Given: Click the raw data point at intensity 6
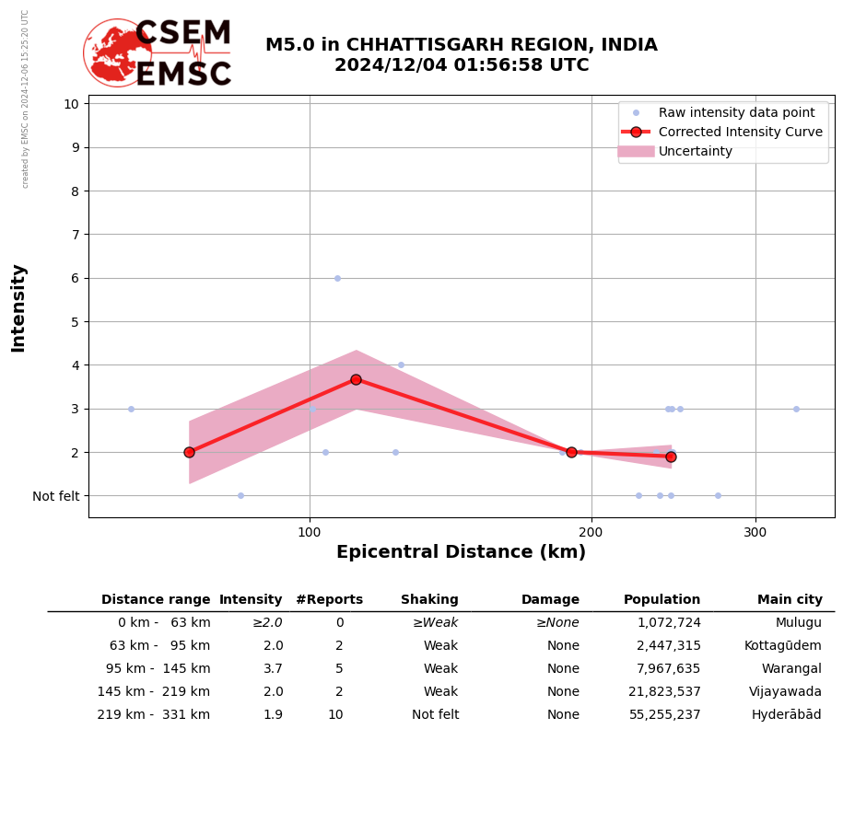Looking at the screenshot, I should coord(337,278).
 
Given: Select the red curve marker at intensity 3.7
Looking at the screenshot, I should coord(356,379).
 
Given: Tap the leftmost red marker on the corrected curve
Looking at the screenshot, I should coord(189,452).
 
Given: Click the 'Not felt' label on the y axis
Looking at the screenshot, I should coord(56,496).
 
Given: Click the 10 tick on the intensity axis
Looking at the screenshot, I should coord(71,103).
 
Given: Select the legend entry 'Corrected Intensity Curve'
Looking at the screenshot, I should coord(740,132).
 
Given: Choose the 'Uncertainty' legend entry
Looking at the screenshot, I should coord(695,152).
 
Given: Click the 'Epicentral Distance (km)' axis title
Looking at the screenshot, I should coord(461,552).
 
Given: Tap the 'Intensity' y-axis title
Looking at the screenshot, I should coord(18,307).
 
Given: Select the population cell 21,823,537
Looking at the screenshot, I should coord(664,692).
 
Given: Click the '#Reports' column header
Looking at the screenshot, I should coord(329,600).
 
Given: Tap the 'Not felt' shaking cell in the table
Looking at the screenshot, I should coord(435,715).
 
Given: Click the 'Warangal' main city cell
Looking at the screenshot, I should coord(790,669).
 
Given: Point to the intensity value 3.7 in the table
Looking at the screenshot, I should coord(273,669).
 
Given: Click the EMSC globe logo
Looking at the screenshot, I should coord(117,52).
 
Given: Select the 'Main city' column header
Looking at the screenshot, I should coord(790,600).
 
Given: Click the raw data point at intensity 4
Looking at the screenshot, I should coord(401,365).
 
